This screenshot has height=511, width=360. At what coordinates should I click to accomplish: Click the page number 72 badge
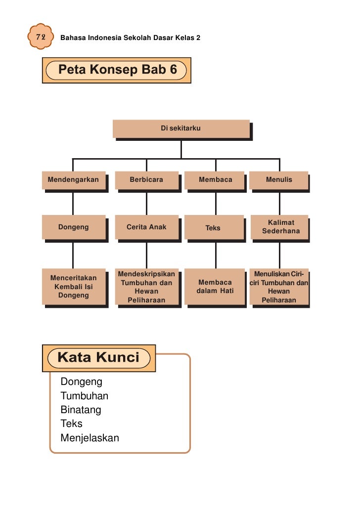pos(40,37)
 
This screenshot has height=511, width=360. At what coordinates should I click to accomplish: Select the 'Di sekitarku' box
pos(181,128)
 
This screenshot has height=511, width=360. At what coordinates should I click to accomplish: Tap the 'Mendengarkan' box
pos(73,180)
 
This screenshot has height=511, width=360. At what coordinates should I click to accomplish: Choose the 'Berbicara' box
pos(146,180)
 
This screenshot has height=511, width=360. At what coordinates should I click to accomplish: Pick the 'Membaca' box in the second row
pos(215,180)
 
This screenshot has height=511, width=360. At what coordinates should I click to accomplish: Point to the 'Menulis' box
pos(279,180)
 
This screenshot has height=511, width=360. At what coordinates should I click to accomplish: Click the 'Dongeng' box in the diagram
pos(73,227)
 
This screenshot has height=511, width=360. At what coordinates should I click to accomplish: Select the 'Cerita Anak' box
pos(146,227)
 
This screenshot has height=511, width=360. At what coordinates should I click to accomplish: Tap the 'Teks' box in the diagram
pos(213,228)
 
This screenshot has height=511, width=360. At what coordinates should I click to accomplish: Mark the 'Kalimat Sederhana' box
pos(280,227)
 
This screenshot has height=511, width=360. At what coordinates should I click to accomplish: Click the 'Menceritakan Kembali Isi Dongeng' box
pos(74,287)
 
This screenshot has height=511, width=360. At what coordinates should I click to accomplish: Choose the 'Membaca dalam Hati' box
pos(215,287)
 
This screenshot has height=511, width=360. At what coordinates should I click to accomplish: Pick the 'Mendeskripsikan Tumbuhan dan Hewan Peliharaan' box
pos(146,287)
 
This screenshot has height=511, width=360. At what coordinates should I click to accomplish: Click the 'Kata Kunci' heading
pos(99,357)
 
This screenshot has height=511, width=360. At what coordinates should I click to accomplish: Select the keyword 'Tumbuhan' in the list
pos(84,396)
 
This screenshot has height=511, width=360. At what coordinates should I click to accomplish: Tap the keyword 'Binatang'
pos(81,410)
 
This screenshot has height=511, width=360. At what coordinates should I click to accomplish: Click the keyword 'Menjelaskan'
pos(90,438)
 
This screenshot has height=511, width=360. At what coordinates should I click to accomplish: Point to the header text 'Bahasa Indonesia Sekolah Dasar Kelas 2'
pos(130,38)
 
